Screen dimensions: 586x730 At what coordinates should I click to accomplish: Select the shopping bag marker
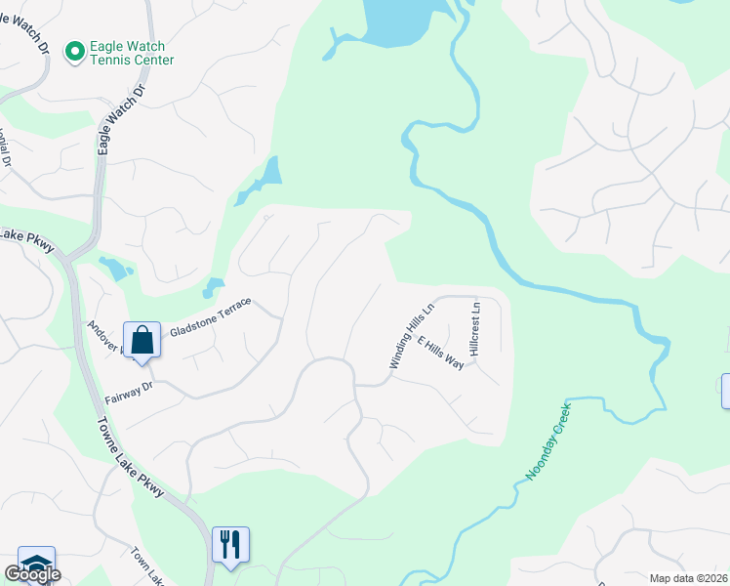[142, 341]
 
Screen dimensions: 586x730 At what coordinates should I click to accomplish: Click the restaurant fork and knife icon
[230, 543]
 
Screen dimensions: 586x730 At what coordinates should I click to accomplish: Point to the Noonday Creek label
[547, 441]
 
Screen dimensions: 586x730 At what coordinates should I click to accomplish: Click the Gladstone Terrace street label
[211, 317]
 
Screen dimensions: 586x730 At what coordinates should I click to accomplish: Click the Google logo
[31, 573]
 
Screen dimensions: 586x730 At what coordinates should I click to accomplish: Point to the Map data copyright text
[688, 577]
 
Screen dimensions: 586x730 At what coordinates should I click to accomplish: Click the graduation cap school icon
[36, 564]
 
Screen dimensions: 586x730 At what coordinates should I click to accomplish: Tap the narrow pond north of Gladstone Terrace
[262, 181]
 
